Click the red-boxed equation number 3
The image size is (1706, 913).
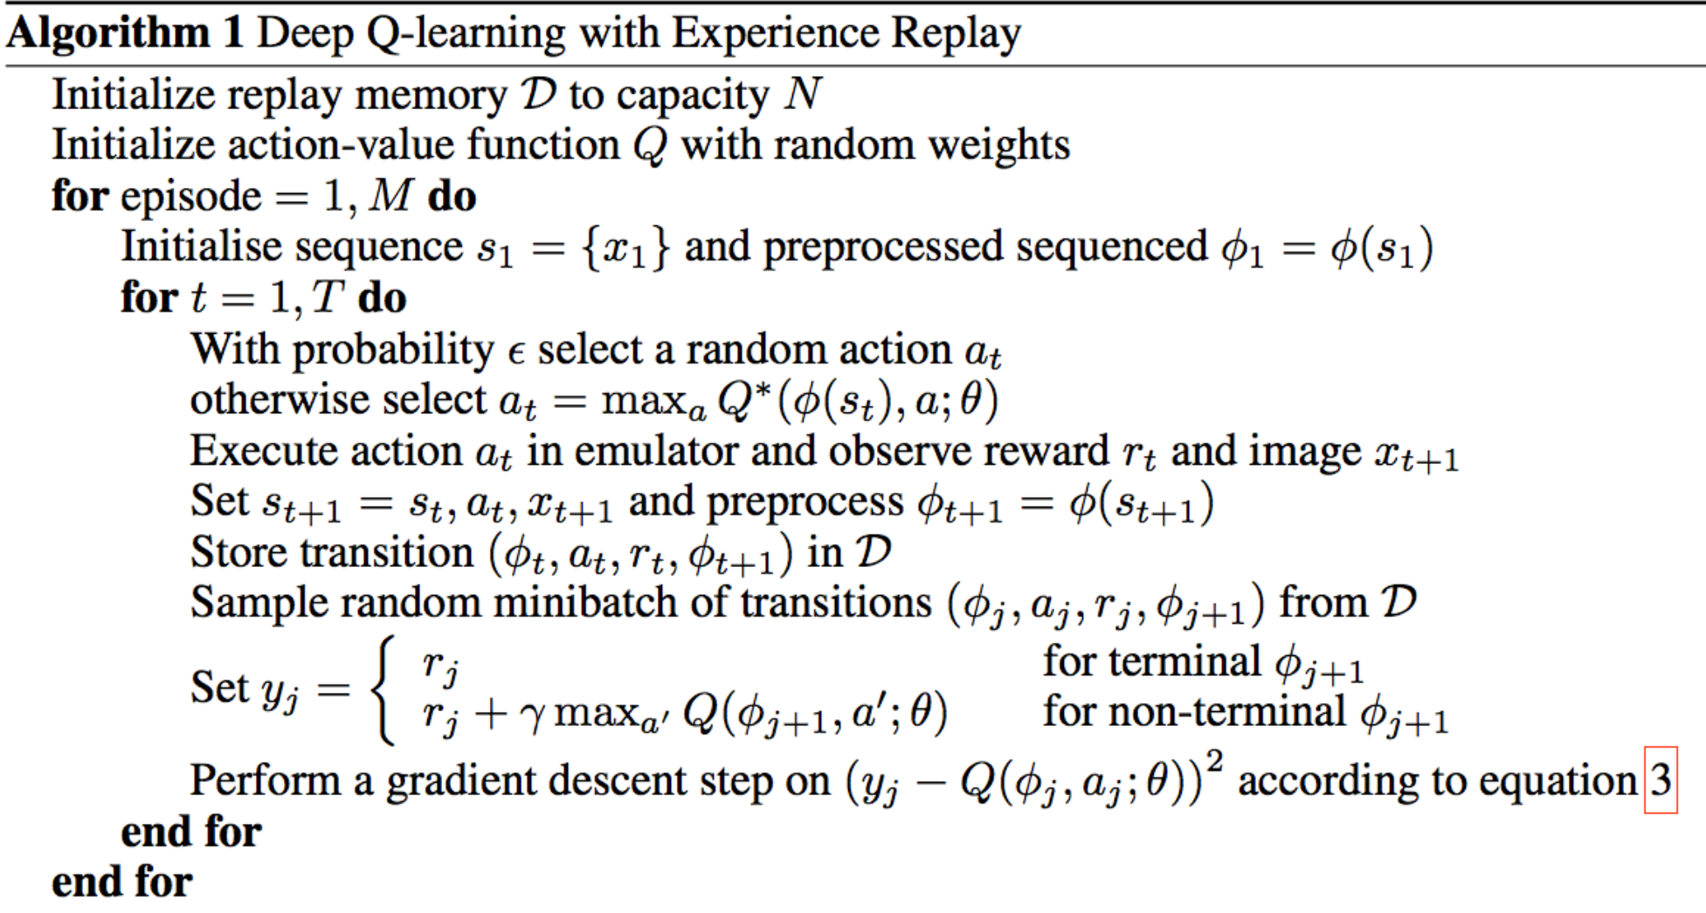[x=1661, y=779]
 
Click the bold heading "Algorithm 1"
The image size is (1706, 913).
[x=124, y=33]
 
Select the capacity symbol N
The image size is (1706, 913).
[x=802, y=93]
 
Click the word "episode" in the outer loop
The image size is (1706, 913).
[x=190, y=197]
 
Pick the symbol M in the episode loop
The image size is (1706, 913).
[x=390, y=196]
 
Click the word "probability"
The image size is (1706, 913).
[x=394, y=350]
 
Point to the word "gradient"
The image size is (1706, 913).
[x=460, y=781]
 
